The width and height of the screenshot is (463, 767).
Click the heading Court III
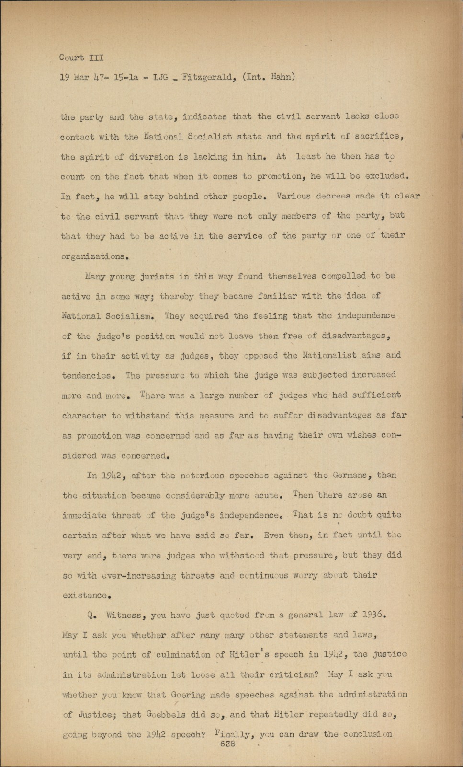(x=81, y=58)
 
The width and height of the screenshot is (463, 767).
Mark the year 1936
(x=373, y=614)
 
